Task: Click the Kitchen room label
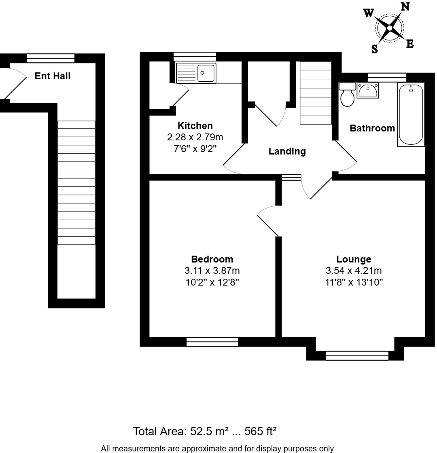coord(195,126)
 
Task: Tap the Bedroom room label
coord(212,259)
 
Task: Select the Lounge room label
coord(354,259)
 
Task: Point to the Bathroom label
coord(372,128)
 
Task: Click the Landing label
coord(287,151)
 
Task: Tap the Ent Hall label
coord(53,76)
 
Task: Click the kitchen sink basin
coord(207,73)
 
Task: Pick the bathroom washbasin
coord(367,91)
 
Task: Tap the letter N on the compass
coord(405,6)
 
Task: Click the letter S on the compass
coord(374,49)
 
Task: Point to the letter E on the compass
coord(410,44)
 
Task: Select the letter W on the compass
coord(368,13)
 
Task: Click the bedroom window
coord(212,342)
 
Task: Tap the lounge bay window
coord(357,356)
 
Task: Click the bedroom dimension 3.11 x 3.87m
coord(212,271)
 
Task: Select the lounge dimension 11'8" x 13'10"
coord(354,282)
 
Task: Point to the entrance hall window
coord(51,58)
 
